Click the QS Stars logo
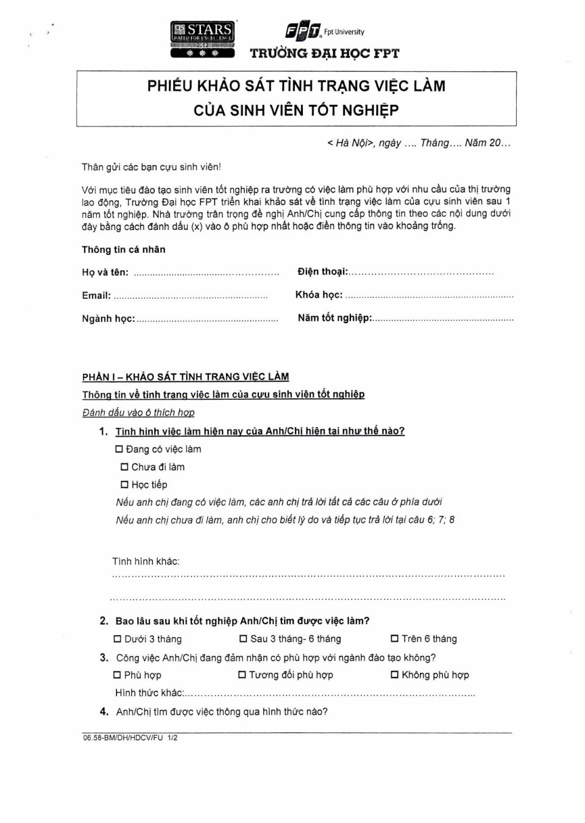coord(202,39)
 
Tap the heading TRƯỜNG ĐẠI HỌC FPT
coord(324,54)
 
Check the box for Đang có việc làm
coord(119,449)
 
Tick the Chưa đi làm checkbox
coord(124,467)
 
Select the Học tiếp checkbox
coord(124,485)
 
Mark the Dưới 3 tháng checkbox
coord(117,639)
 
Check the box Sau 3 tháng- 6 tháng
coord(243,639)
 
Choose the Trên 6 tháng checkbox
coord(394,639)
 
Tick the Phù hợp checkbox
coord(117,675)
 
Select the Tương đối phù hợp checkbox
coord(242,675)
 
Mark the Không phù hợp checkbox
coord(394,675)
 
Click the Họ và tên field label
coord(105,273)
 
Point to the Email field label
coord(96,296)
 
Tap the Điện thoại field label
coord(322,271)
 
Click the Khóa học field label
coord(319,295)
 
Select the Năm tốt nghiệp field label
coord(335,318)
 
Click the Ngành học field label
coord(108,319)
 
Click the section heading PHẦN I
coord(185,377)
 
